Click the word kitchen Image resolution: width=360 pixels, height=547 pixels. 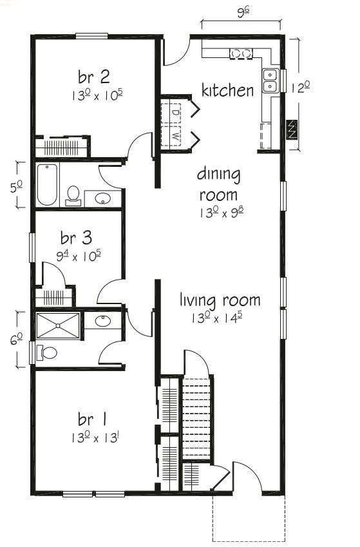227,90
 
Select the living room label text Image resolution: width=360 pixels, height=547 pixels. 220,300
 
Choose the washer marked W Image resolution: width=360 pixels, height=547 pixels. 175,136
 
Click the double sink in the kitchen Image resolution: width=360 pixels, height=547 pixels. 271,80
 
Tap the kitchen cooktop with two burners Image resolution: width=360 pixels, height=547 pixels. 242,53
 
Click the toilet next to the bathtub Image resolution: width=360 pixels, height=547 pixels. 73,194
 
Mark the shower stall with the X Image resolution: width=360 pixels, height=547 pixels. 58,326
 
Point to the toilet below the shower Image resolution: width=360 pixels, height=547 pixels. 47,352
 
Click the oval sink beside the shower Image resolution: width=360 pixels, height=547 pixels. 102,320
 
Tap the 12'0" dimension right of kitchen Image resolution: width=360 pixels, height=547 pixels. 299,89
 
